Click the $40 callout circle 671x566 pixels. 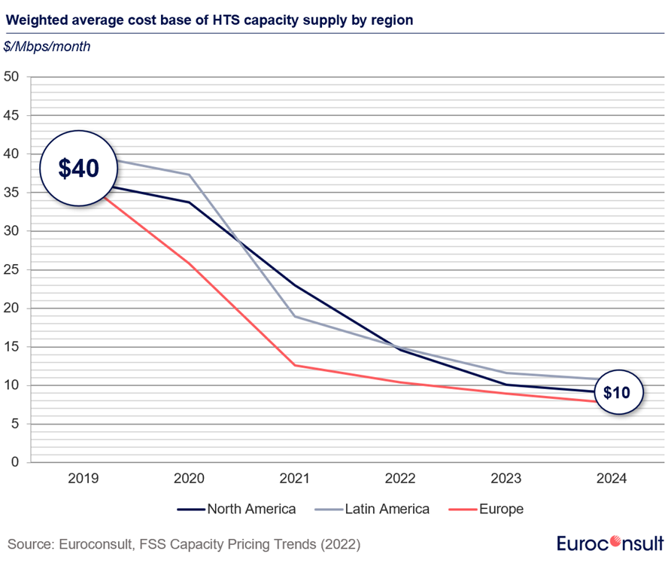79,169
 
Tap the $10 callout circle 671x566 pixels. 619,392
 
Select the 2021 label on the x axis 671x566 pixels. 294,478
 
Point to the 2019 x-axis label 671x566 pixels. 83,478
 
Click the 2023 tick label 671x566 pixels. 506,478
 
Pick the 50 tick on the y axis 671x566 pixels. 11,77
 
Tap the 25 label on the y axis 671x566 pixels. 11,269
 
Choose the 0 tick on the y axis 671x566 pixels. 15,462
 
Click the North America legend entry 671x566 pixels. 237,509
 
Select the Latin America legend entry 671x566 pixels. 372,509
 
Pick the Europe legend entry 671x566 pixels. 486,509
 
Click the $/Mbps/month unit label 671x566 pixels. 47,47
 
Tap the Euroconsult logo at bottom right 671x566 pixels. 610,543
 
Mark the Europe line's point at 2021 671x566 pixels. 295,365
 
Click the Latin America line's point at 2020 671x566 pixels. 189,175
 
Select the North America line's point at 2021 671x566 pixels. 295,285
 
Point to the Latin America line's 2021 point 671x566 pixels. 295,316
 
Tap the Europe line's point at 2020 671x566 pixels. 189,263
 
